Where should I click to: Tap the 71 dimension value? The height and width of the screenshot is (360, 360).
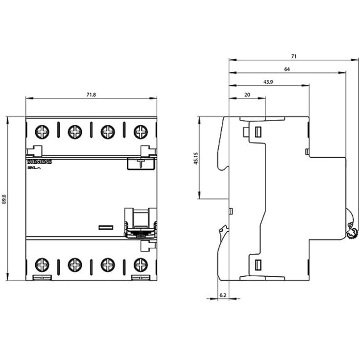tap(293, 56)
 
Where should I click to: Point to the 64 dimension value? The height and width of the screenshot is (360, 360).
tap(287, 69)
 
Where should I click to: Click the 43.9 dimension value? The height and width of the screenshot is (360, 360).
tap(268, 82)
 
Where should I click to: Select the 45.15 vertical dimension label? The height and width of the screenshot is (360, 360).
tap(195, 158)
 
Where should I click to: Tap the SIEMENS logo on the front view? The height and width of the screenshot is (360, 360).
tap(39, 161)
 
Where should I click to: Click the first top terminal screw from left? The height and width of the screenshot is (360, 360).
tap(42, 131)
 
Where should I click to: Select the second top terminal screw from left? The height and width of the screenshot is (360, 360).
tap(74, 131)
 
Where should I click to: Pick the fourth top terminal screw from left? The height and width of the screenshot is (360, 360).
tap(141, 131)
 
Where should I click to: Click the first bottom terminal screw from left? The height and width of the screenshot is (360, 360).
tap(42, 265)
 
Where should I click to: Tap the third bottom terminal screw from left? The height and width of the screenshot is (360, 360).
tap(108, 265)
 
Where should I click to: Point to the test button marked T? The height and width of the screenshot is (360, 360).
tap(141, 163)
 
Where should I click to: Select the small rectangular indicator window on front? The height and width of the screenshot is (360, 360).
tap(106, 227)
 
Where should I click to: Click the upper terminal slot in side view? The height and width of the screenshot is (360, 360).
tap(257, 131)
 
